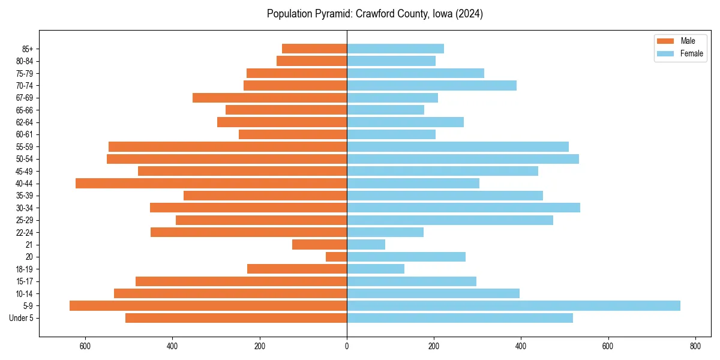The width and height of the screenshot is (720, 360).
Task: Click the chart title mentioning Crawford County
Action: [x=374, y=14]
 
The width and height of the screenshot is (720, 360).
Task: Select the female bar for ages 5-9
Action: [x=513, y=305]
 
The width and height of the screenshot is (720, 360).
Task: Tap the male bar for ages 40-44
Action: [x=211, y=183]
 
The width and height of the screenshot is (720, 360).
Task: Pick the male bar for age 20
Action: [x=337, y=257]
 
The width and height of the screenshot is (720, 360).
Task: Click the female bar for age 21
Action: [x=366, y=244]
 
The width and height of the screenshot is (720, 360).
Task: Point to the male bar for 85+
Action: [x=314, y=49]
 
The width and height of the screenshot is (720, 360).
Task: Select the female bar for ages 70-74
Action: [x=431, y=85]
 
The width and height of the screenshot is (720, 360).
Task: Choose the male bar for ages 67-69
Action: [x=269, y=98]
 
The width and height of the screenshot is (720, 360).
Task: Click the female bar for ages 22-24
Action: [x=385, y=232]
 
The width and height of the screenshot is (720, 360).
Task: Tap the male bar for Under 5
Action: [x=236, y=318]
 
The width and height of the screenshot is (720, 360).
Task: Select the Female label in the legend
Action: [x=692, y=53]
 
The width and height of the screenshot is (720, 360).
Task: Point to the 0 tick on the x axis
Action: [x=347, y=346]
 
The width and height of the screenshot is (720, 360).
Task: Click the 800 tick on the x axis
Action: [x=695, y=346]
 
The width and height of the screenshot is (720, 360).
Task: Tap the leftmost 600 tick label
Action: [x=85, y=346]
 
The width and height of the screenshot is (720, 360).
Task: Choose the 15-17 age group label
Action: [x=24, y=281]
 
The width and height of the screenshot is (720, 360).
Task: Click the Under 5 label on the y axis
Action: [x=21, y=318]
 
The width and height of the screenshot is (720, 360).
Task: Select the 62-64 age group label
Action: [x=24, y=122]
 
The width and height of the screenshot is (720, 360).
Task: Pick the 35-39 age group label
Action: [x=24, y=196]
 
